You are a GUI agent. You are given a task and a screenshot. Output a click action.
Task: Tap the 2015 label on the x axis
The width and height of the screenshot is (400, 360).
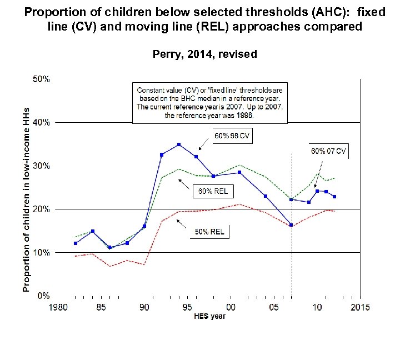pyautogui.click(x=360, y=307)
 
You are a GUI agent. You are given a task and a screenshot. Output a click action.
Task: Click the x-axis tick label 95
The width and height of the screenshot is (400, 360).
pyautogui.click(x=187, y=307)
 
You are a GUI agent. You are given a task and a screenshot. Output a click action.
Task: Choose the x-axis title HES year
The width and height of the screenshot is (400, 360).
pyautogui.click(x=209, y=317)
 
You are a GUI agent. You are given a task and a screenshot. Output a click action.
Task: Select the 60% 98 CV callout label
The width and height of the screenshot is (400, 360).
pyautogui.click(x=233, y=136)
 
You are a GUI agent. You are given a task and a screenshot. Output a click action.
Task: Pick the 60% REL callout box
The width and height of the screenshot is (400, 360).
pyautogui.click(x=213, y=192)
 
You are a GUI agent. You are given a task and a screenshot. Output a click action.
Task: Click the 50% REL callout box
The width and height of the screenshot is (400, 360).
pyautogui.click(x=209, y=231)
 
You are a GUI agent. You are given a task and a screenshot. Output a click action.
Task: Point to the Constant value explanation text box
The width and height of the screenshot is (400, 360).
pyautogui.click(x=209, y=103)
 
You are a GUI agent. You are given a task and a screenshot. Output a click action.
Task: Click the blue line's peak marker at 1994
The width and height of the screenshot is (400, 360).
pyautogui.click(x=179, y=144)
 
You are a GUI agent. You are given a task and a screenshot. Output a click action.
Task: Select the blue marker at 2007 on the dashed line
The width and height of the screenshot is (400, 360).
pyautogui.click(x=292, y=225)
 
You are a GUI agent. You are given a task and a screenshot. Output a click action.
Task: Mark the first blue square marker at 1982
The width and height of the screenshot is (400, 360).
pyautogui.click(x=76, y=243)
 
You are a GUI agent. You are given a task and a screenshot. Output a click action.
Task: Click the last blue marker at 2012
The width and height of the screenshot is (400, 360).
pyautogui.click(x=334, y=197)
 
